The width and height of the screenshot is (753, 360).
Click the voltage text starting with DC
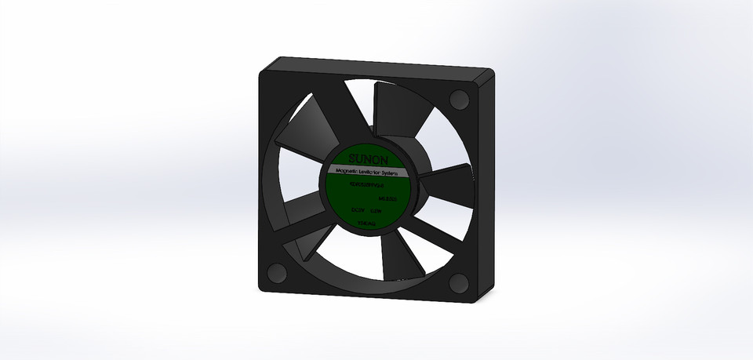[358, 210]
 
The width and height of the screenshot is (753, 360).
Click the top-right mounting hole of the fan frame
[460, 101]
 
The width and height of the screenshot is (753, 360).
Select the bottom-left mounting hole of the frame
[277, 272]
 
